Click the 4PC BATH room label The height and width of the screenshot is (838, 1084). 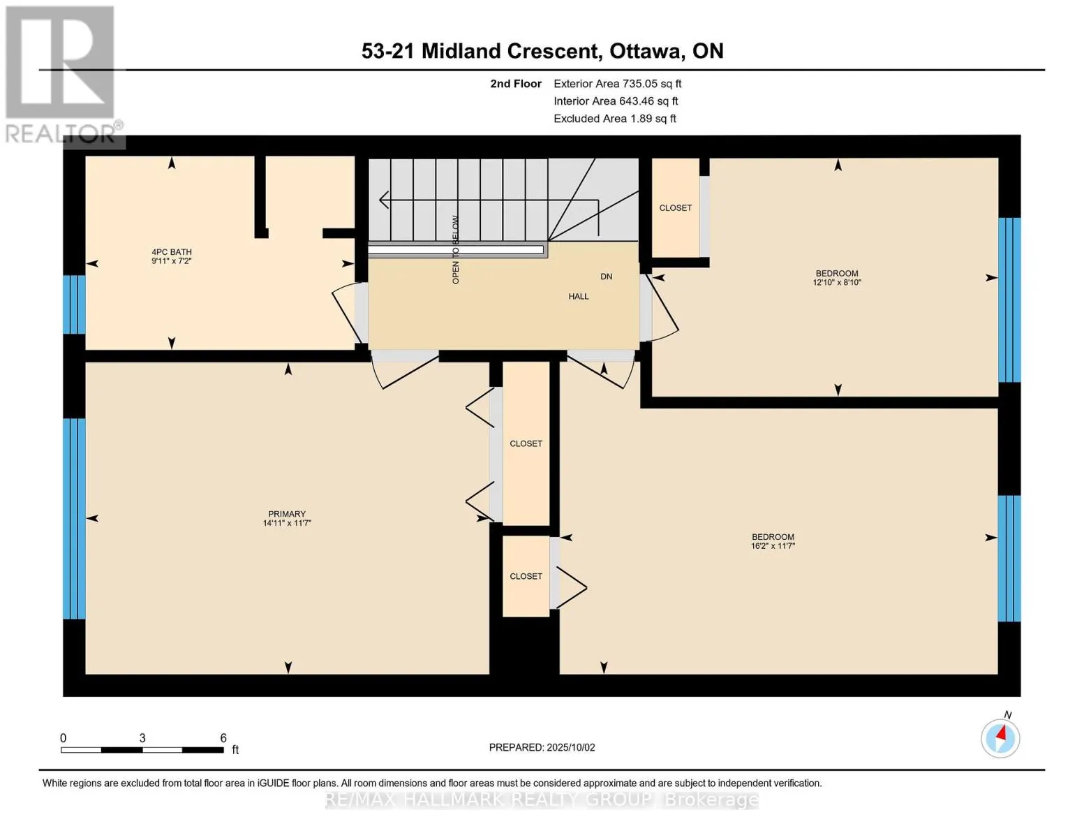(x=172, y=252)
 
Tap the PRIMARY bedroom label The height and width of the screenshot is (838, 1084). (x=287, y=513)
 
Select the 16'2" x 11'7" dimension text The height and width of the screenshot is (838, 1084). (x=773, y=546)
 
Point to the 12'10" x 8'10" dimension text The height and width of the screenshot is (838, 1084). (x=837, y=283)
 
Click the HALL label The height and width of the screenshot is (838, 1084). (x=579, y=297)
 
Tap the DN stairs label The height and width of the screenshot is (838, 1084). (x=606, y=277)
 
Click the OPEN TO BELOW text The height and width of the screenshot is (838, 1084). (x=456, y=249)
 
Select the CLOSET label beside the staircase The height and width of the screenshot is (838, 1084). (x=676, y=207)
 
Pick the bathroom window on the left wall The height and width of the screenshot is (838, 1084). (x=74, y=304)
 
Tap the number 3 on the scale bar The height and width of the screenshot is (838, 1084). (x=142, y=738)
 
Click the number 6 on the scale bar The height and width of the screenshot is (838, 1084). (x=223, y=738)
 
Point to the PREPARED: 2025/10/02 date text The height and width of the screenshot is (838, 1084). (x=542, y=747)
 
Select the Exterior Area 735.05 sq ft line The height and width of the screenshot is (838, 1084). (x=618, y=84)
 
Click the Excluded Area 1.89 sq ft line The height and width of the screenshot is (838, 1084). (x=615, y=119)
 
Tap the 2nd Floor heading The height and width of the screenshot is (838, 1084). (x=516, y=84)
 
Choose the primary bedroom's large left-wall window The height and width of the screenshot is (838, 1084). (x=74, y=519)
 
